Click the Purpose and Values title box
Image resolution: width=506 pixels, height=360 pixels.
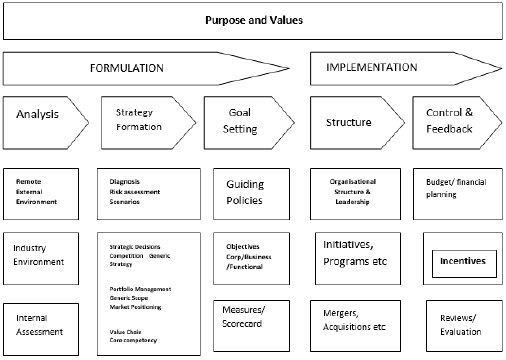click(x=252, y=20)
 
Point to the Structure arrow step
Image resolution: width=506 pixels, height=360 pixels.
click(x=350, y=122)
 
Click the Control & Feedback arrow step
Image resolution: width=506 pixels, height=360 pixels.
click(x=455, y=122)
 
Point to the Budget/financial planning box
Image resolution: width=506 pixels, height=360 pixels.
click(x=457, y=193)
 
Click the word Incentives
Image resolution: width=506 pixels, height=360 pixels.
click(x=457, y=262)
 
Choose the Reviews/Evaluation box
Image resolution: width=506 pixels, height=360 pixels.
click(x=457, y=325)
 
